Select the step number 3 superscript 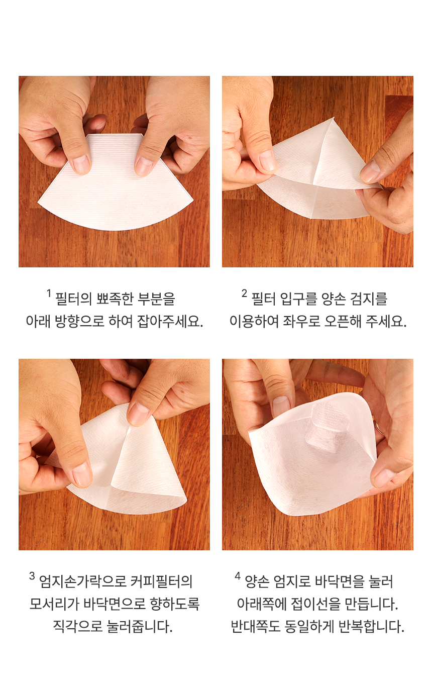[32, 576]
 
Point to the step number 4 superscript [238, 576]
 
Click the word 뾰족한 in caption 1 [115, 299]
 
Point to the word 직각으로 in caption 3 [78, 627]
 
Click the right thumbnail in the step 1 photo [145, 166]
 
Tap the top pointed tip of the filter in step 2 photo [334, 118]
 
